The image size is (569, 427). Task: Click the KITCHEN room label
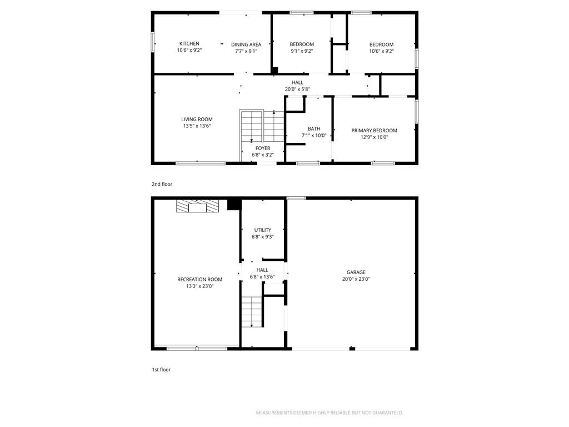(189, 43)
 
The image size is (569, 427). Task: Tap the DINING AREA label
(246, 44)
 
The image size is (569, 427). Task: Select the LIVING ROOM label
(197, 119)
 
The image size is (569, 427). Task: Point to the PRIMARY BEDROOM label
(374, 130)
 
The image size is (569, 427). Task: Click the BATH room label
(314, 128)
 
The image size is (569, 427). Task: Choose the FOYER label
(263, 148)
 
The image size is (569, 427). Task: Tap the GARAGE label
(356, 272)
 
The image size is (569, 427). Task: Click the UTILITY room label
(263, 230)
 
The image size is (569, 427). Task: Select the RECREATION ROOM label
(199, 279)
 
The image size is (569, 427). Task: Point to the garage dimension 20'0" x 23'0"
(356, 279)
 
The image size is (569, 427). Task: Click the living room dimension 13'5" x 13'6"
(197, 126)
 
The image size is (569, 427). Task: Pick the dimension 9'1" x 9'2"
(302, 51)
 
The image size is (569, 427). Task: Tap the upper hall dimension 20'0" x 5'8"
(297, 90)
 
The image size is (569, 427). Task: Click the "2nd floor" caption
(162, 184)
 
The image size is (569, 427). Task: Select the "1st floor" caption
(161, 370)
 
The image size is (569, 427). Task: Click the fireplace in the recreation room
(198, 206)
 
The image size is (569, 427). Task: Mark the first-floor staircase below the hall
(252, 311)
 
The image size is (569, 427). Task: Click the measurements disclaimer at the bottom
(330, 413)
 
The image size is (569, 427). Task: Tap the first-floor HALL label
(262, 270)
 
